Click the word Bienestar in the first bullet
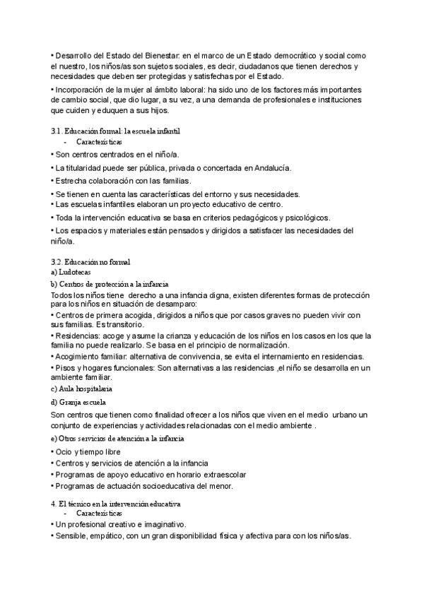tap(154, 55)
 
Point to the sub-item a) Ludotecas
tap(71, 272)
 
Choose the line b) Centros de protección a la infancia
tap(110, 283)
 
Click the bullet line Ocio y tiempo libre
tap(88, 451)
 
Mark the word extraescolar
tap(220, 475)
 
